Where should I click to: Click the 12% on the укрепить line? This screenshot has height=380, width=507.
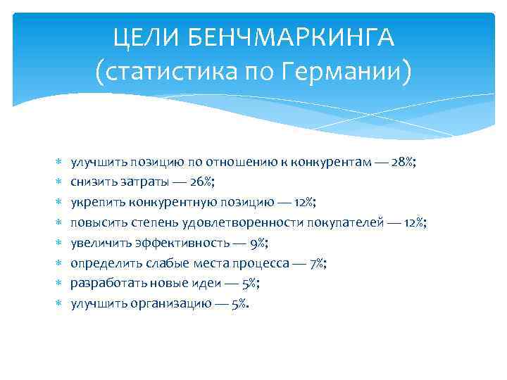point(304,203)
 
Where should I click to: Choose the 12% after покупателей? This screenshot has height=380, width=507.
point(414,223)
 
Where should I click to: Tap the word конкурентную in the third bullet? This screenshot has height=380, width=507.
point(161,203)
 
